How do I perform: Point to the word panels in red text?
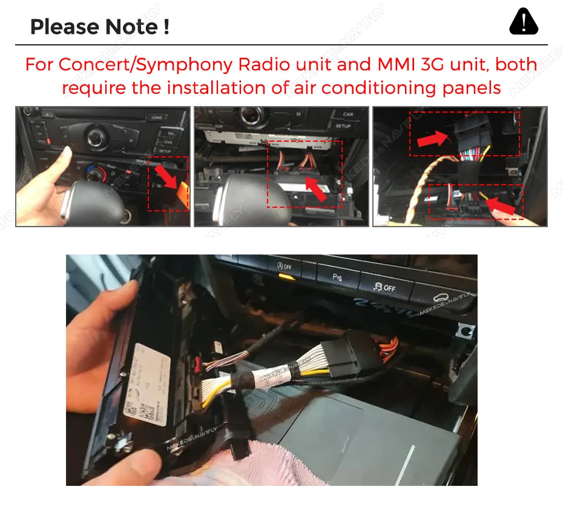471,88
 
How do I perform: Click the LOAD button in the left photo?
157,117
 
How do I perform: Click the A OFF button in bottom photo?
285,266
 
